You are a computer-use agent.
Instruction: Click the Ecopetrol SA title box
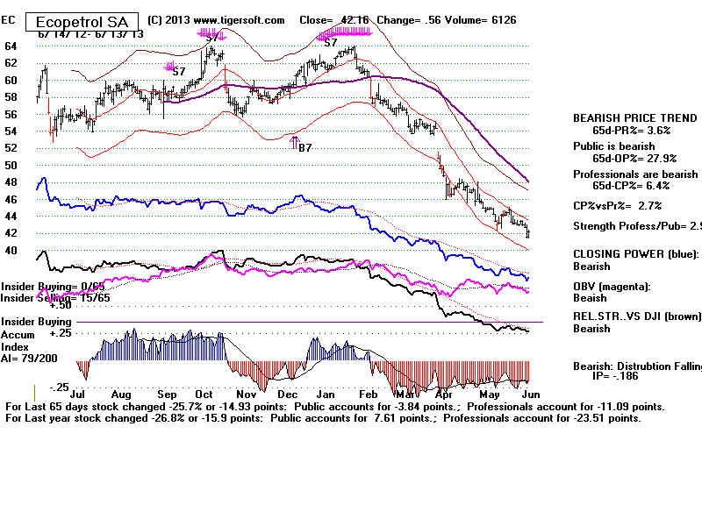[84, 21]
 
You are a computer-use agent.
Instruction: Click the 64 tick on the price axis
[11, 46]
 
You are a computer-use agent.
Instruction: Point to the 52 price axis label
[11, 148]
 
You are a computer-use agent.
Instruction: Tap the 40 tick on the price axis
[11, 251]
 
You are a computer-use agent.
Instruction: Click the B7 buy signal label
[305, 148]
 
